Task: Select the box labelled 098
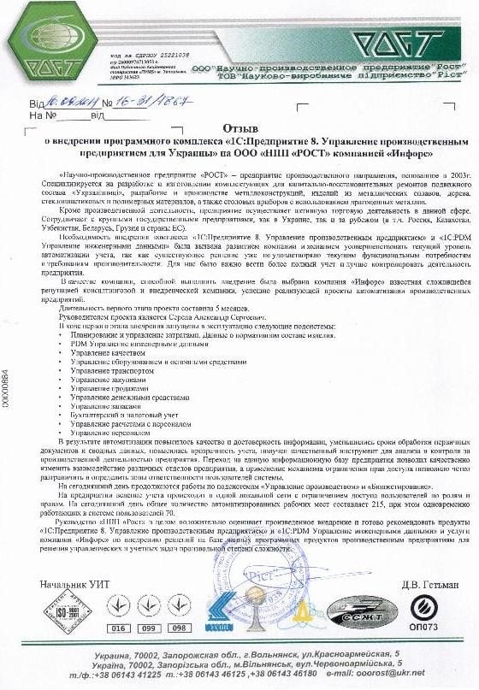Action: click(x=178, y=628)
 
